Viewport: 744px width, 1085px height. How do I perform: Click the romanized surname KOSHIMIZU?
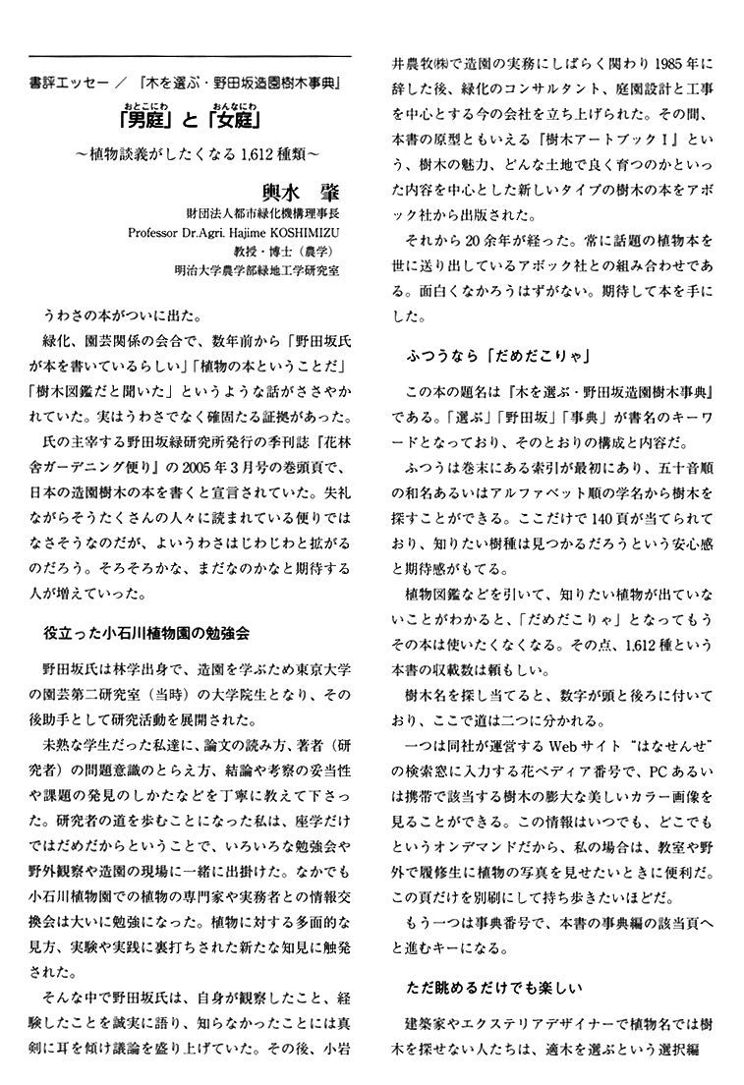[301, 233]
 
